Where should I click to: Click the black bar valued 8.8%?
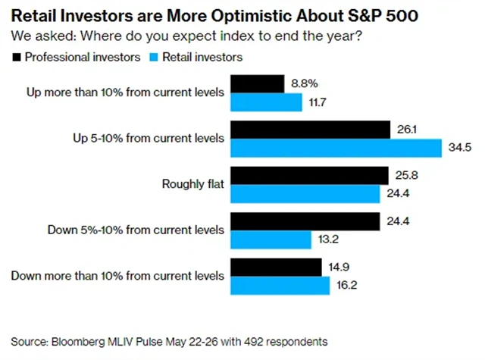pos(257,83)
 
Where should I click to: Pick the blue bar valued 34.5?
pos(336,149)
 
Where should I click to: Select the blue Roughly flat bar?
pos(305,195)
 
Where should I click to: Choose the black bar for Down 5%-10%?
pos(305,221)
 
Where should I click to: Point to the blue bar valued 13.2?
pos(271,240)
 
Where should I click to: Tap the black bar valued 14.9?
pos(276,267)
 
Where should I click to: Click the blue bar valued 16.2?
pos(280,286)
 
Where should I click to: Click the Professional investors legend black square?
pos(17,57)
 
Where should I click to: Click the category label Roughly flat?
pos(193,184)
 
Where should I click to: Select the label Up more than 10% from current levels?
pos(120,92)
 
